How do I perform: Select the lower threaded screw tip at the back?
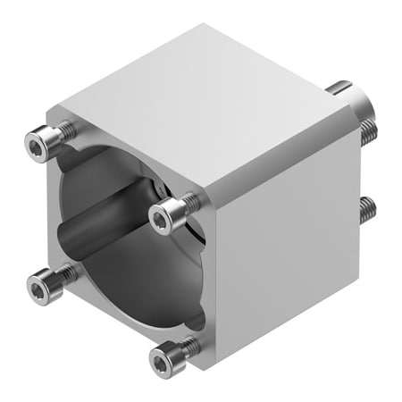click(366, 210)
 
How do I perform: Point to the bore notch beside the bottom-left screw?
click(67, 264)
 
